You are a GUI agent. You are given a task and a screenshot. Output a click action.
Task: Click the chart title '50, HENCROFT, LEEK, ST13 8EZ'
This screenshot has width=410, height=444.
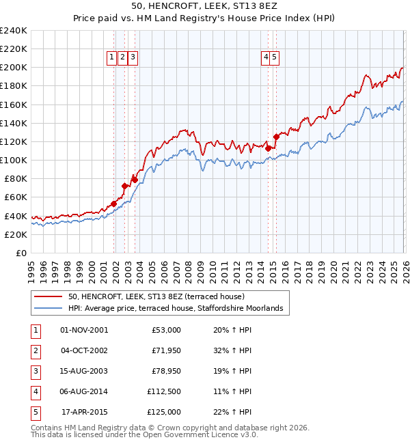(204, 6)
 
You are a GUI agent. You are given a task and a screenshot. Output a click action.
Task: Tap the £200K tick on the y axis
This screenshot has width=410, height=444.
(13, 68)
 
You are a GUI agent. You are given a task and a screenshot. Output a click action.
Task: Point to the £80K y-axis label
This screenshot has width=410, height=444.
(15, 178)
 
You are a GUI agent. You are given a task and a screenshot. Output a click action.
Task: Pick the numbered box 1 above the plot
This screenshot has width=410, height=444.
(111, 58)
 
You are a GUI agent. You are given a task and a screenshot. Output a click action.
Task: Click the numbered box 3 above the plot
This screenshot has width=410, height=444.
(133, 58)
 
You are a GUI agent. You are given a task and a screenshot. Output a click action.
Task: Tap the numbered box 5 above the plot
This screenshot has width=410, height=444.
(274, 58)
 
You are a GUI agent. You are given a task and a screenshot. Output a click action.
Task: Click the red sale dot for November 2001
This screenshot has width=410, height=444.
(114, 204)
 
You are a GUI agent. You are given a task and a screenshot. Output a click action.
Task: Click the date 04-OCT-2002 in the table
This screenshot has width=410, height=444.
(84, 350)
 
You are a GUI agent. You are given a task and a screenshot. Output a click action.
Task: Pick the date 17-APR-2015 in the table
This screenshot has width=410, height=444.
(84, 412)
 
